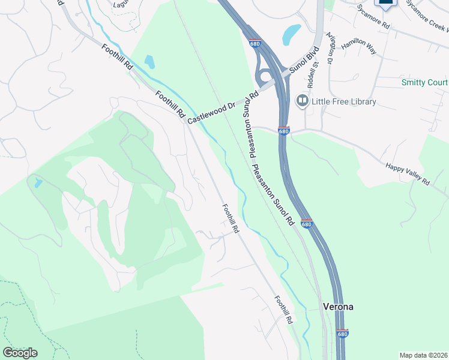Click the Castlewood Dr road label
[x=222, y=107]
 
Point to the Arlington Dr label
[x=329, y=49]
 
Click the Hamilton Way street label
[x=358, y=47]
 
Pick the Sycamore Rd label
[x=373, y=17]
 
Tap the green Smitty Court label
[x=425, y=82]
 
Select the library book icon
[x=302, y=101]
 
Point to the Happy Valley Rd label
[x=408, y=173]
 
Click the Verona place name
[x=338, y=307]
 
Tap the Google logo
[x=20, y=353]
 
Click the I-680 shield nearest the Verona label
[x=342, y=333]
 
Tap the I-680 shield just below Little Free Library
[x=284, y=131]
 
